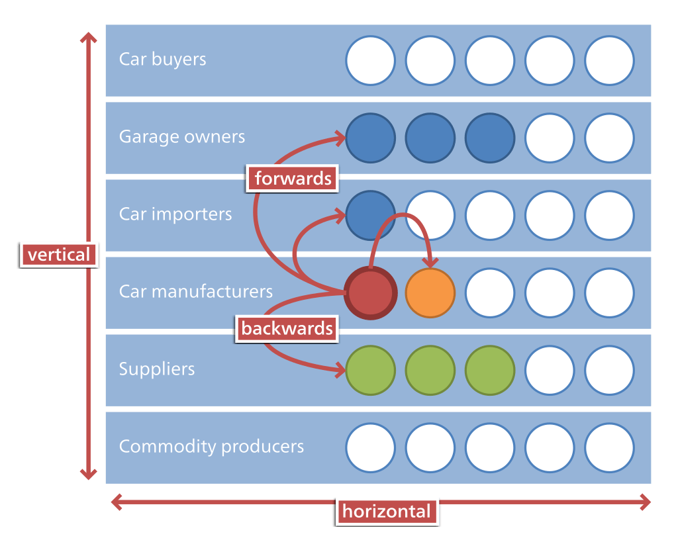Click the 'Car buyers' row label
click(x=162, y=60)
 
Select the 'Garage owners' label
click(x=181, y=137)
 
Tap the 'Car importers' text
click(x=175, y=214)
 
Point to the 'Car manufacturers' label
click(x=195, y=292)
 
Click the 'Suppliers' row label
click(x=157, y=369)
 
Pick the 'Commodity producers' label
click(x=211, y=447)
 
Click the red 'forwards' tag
click(x=293, y=178)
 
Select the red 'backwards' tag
click(x=287, y=328)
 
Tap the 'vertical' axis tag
click(x=58, y=255)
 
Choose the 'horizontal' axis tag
click(x=386, y=511)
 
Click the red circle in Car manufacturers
click(x=371, y=293)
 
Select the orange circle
click(x=430, y=293)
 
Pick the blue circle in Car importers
click(x=369, y=213)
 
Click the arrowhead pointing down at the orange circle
click(x=430, y=263)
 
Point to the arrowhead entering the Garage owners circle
click(x=341, y=138)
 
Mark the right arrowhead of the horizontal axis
click(x=646, y=503)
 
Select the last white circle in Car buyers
click(x=609, y=61)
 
